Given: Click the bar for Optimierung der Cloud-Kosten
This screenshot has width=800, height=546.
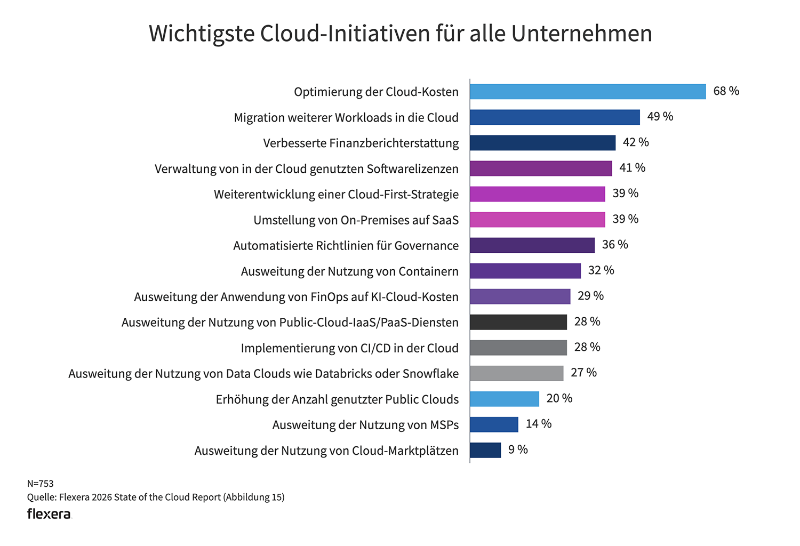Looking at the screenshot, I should (x=588, y=92).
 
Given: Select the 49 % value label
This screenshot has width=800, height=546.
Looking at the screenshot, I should (x=660, y=117).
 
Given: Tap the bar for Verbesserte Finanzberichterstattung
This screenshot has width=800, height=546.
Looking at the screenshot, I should (x=542, y=143).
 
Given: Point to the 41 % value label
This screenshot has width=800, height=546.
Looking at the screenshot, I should (x=632, y=168).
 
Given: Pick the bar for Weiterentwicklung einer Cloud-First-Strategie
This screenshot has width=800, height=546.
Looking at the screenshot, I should (x=537, y=194).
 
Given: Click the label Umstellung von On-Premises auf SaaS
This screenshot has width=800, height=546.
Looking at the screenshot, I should (x=356, y=220).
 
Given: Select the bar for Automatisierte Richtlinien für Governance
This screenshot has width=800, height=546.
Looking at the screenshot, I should (x=532, y=245).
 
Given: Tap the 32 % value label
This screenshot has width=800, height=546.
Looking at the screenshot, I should (x=601, y=270).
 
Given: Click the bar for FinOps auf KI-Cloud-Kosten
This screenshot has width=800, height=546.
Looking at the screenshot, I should (x=520, y=296).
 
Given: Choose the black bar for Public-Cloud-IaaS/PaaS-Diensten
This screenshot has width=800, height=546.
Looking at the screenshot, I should (x=518, y=322).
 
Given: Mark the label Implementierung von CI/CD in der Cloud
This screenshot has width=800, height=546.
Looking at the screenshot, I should (x=349, y=348).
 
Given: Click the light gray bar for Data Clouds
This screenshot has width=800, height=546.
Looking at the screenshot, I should (x=516, y=373).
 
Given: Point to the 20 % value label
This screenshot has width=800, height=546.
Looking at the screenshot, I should (x=559, y=398).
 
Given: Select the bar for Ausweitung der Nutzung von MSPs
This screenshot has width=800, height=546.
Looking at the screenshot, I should (x=494, y=424).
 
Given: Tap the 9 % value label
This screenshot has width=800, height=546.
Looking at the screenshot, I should (x=517, y=449).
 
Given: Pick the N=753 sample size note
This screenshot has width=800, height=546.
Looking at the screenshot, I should (x=41, y=484).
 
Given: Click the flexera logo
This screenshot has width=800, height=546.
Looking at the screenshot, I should (x=49, y=514).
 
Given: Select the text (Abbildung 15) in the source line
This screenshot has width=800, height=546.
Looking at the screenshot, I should (x=254, y=497).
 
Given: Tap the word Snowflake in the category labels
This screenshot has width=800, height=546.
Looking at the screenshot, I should (x=430, y=374).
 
